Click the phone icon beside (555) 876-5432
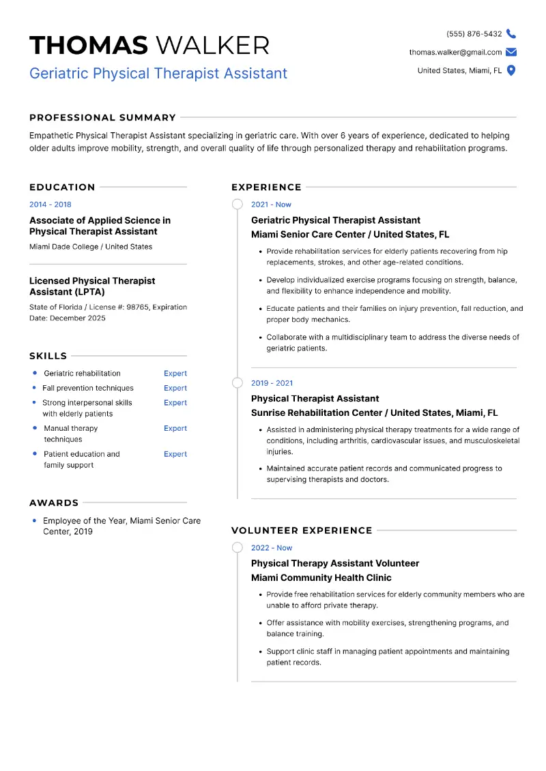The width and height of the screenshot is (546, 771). (511, 33)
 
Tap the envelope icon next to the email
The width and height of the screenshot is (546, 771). (511, 52)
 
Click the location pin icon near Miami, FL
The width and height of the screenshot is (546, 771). (511, 70)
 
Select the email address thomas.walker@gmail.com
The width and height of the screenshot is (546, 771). (455, 52)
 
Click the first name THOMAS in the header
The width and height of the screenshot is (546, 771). (89, 46)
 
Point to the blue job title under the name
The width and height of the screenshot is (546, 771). (158, 74)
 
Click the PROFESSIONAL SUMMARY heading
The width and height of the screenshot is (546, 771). (102, 117)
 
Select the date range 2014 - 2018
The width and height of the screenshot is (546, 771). (50, 205)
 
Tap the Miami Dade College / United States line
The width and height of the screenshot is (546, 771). (91, 247)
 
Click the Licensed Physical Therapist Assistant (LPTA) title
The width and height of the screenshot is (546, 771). (92, 286)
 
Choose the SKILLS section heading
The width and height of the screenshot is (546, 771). (48, 356)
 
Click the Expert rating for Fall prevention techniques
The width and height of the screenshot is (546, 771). (175, 388)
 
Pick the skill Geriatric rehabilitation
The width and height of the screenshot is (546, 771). (82, 374)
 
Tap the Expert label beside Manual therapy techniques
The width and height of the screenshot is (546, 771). (175, 428)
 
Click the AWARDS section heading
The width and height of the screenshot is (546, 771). (54, 503)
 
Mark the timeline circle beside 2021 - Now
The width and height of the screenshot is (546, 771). (237, 205)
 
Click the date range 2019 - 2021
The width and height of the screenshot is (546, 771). (272, 383)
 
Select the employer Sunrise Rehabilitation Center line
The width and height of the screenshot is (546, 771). (374, 412)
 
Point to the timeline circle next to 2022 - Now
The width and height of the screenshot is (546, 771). (237, 547)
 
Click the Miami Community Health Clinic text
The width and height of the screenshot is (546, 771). (321, 577)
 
